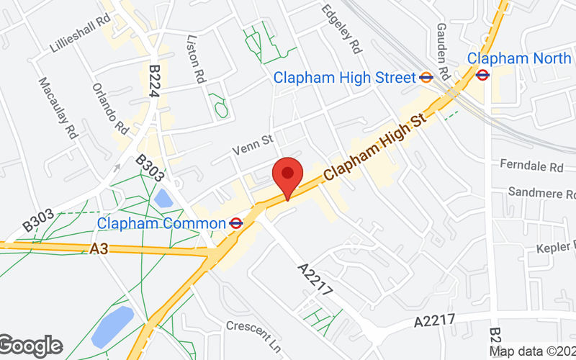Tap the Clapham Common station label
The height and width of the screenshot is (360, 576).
(161, 224)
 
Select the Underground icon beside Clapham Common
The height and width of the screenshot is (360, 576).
(235, 224)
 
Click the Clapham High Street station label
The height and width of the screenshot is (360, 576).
(345, 77)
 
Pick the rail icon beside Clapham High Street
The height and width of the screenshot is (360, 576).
(426, 77)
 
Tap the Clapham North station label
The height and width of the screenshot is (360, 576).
(518, 58)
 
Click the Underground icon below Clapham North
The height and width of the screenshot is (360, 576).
(483, 74)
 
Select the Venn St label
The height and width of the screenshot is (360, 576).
(253, 147)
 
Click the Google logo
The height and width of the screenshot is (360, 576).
(30, 346)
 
